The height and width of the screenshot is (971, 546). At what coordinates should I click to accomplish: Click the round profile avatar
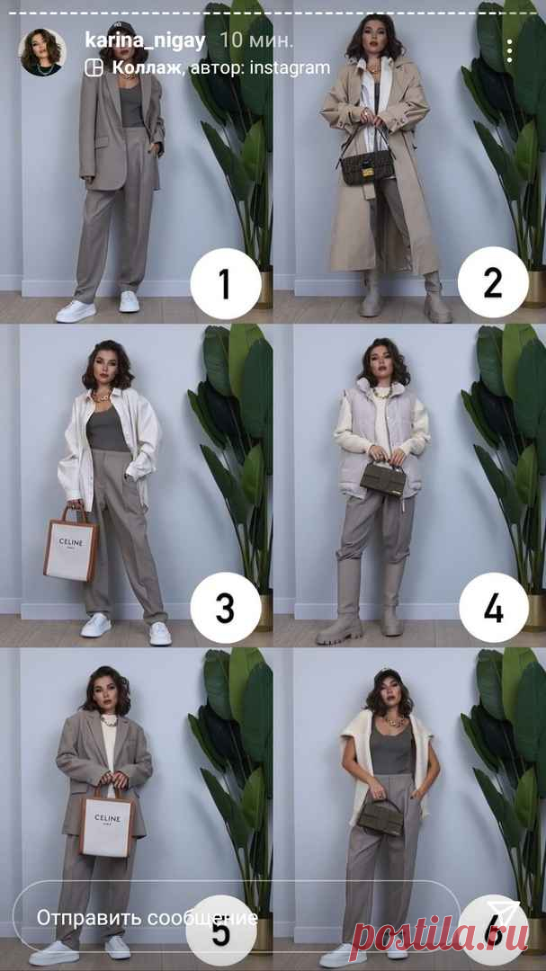click(x=42, y=52)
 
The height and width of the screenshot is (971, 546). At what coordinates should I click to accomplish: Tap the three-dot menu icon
click(x=509, y=51)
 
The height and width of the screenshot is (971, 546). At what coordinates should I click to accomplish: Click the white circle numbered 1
click(x=225, y=283)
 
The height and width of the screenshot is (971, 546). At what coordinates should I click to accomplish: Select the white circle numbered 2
click(x=493, y=283)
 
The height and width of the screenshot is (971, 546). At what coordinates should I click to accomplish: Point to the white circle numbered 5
click(x=221, y=928)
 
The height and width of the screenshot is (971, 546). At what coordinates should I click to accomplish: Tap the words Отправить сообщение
click(x=147, y=918)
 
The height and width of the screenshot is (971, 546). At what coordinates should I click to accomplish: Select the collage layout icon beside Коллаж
click(x=94, y=67)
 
